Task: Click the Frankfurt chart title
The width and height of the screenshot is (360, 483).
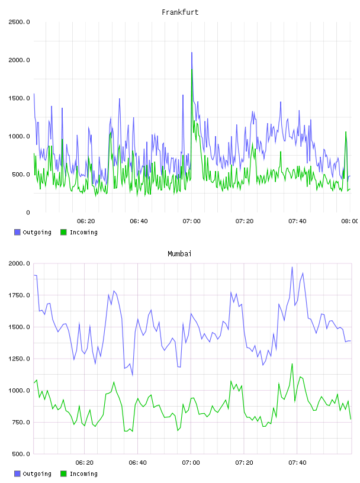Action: point(180,12)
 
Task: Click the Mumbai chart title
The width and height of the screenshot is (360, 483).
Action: point(179,254)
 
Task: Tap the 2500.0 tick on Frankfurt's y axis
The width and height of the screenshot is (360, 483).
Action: point(19,22)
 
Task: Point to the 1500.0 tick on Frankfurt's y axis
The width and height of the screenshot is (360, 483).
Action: point(19,98)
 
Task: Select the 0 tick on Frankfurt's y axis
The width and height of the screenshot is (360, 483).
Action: point(28,212)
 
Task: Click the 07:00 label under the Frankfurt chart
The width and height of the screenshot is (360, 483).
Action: point(191,221)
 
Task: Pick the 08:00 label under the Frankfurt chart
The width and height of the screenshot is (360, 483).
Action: point(350,221)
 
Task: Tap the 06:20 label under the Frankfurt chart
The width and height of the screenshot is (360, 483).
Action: point(86,221)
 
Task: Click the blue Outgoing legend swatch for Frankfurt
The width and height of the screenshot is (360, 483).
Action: point(17,232)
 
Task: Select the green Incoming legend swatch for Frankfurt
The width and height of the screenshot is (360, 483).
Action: point(63,232)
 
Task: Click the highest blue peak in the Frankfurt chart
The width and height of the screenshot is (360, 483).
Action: point(192,53)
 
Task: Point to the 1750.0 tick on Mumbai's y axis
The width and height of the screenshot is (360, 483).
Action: point(19,295)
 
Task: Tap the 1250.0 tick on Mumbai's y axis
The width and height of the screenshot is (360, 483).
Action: point(19,359)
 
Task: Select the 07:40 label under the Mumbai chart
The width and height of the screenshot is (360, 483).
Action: point(297,463)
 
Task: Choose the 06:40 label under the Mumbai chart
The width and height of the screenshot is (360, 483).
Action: point(138,463)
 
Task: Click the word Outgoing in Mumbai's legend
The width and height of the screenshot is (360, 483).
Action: point(37,474)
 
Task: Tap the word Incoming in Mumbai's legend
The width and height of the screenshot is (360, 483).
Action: point(83,474)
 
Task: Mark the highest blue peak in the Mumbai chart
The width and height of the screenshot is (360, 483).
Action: point(292,268)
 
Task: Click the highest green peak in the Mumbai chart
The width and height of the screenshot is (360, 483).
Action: point(292,364)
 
